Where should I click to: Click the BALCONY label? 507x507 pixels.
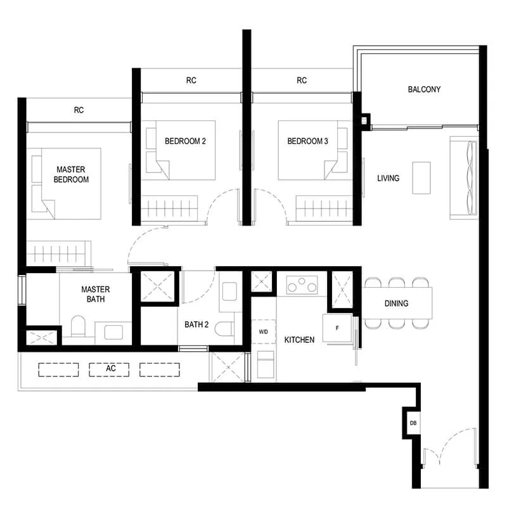(424, 89)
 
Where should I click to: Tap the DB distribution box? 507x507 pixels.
(413, 423)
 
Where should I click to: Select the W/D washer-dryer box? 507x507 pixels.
(264, 331)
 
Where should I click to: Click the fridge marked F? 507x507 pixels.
(337, 328)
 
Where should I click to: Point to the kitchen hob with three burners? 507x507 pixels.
(302, 285)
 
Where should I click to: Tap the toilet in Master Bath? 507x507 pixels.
(78, 326)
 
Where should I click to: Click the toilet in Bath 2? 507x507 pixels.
(224, 328)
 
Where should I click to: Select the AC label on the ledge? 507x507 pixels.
(110, 368)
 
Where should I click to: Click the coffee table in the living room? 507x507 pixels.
(421, 178)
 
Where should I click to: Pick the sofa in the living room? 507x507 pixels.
(463, 178)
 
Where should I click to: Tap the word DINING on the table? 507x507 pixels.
(396, 304)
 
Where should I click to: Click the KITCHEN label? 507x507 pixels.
(299, 340)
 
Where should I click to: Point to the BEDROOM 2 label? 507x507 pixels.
(185, 141)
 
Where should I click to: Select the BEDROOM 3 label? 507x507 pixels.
(307, 141)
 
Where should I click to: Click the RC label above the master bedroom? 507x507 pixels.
(79, 110)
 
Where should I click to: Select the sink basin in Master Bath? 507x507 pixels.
(113, 332)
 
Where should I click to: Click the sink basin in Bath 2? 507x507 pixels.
(229, 292)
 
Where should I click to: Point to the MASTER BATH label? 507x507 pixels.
(96, 294)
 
